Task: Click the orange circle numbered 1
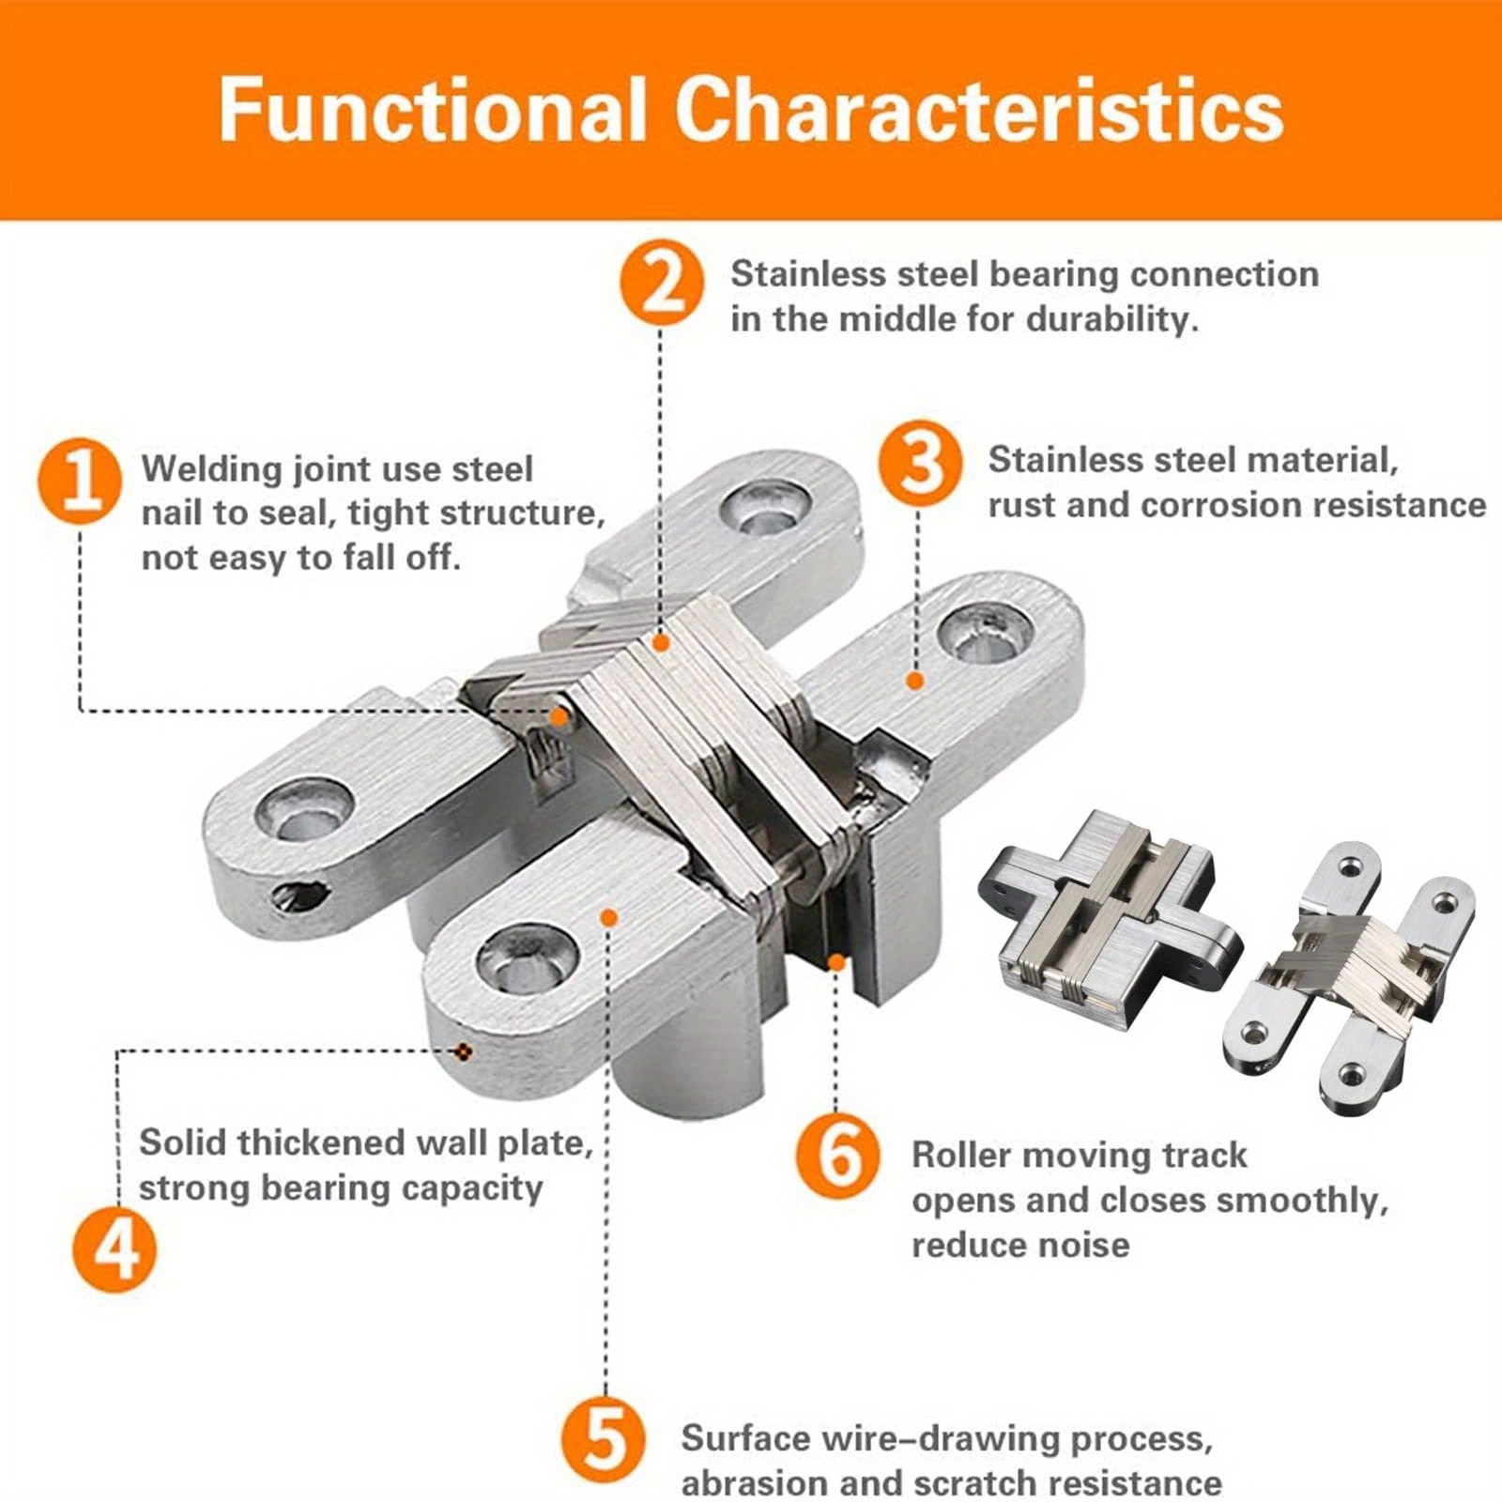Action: [x=80, y=483]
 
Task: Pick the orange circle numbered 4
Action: [x=115, y=1249]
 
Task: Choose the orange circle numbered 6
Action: [x=838, y=1155]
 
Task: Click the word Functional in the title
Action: [x=433, y=111]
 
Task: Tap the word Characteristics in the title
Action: [x=978, y=111]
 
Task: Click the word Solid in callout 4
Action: [x=183, y=1143]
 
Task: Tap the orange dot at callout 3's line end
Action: [x=914, y=682]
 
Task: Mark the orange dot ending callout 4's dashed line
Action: [x=461, y=1051]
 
